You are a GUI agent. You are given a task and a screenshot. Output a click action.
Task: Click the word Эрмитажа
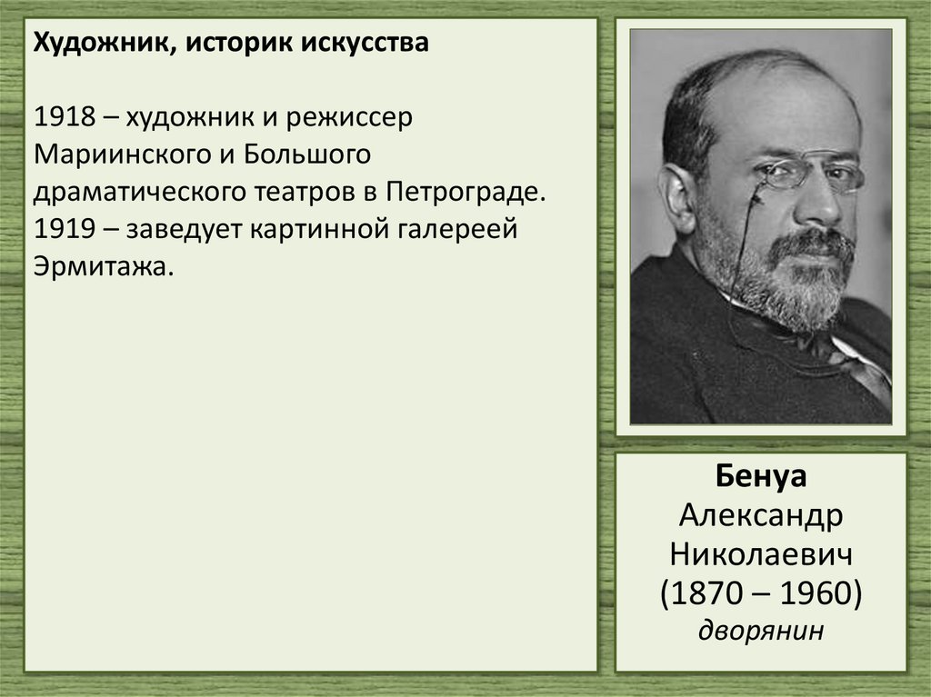(x=101, y=267)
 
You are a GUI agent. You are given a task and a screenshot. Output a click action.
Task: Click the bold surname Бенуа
(x=760, y=479)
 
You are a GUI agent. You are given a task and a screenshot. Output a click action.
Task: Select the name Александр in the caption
(x=760, y=516)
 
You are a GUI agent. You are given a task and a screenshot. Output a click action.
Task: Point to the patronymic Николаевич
(x=760, y=553)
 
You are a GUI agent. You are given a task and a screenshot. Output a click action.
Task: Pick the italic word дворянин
(x=760, y=630)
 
